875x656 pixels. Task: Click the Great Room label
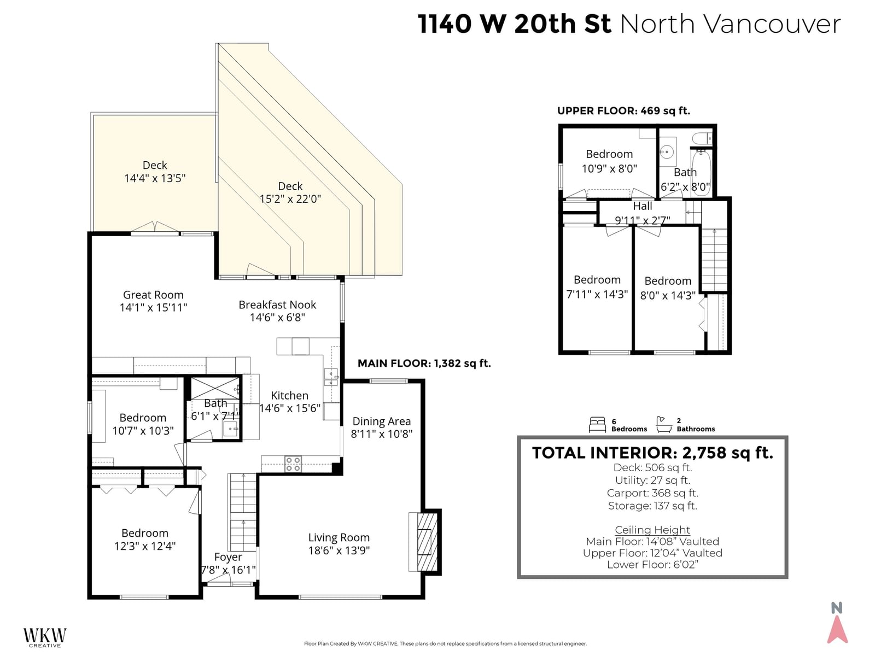coord(154,295)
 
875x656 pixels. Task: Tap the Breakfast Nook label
coord(277,304)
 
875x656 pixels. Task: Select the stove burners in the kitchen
coord(293,464)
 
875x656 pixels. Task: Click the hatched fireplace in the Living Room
coord(427,542)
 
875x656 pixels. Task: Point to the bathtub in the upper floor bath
coord(701,173)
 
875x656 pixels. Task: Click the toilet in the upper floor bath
coord(702,138)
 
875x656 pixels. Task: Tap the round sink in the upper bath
coord(667,152)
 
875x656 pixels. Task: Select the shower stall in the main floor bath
coord(215,388)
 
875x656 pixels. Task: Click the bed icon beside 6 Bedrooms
coord(597,425)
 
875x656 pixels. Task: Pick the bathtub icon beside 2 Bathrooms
coord(664,425)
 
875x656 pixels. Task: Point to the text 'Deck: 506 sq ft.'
coord(652,467)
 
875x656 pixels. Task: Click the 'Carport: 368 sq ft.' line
coord(652,493)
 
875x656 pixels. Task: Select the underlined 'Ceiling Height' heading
coord(652,530)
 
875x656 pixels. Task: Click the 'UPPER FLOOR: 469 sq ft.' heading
coord(623,111)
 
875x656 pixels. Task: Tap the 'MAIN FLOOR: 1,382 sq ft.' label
coord(424,363)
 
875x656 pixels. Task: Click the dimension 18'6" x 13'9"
coord(339,550)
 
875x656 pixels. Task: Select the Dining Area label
coord(382,421)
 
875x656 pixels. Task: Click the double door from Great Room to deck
coord(155,228)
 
